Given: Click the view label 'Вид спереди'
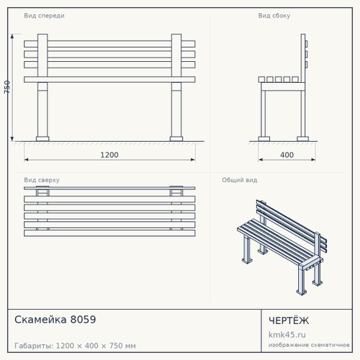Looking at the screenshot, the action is click(44, 16).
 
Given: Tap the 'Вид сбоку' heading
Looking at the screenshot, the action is click(274, 16).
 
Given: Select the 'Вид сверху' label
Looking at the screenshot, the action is click(42, 180).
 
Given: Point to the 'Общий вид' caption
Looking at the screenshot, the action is click(240, 180).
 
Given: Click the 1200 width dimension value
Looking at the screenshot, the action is click(109, 155).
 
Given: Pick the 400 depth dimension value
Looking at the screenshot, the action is click(287, 155).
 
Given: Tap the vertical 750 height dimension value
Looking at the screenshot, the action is click(7, 87).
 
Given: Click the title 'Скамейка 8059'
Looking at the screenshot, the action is click(55, 320).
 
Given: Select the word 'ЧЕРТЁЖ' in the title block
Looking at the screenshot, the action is click(289, 320).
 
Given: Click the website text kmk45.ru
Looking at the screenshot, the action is click(287, 335).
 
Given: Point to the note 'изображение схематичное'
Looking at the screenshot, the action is click(309, 345).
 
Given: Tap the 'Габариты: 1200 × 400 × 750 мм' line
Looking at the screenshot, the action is click(75, 346).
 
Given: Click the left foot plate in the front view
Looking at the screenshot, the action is click(42, 139).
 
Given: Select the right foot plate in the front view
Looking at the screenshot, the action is click(176, 139).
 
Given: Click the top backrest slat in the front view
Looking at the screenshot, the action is click(109, 44).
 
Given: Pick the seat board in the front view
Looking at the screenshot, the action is click(109, 79).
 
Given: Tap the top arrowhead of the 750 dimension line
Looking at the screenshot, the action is click(12, 36).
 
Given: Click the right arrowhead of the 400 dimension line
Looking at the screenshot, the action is click(313, 160).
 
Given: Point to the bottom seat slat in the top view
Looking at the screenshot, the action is click(109, 233).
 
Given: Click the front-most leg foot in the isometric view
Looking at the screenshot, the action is click(302, 292).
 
